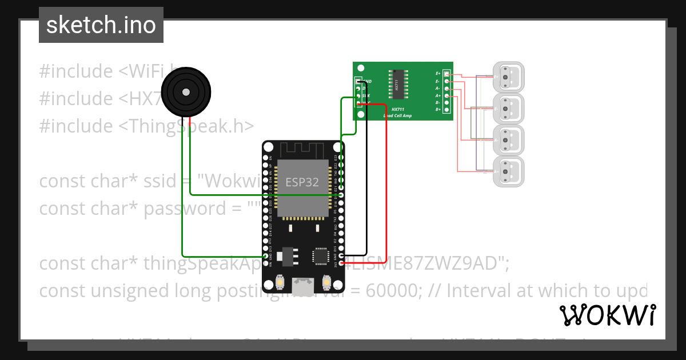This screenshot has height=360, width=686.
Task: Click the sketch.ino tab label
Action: tap(101, 25)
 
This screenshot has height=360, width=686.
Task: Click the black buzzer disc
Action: tap(185, 92)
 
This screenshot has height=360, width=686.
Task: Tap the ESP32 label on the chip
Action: tap(302, 183)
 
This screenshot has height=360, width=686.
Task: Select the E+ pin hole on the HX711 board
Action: tap(446, 74)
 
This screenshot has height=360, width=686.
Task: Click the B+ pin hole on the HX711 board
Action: tap(446, 109)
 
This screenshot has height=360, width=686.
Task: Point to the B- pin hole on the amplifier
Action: tap(446, 102)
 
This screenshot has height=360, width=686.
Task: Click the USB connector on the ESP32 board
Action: tap(303, 285)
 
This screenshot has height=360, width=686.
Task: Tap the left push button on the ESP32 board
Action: tap(280, 282)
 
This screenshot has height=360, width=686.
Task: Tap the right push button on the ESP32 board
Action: tap(326, 282)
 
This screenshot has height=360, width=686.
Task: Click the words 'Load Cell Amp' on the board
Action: tap(397, 115)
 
